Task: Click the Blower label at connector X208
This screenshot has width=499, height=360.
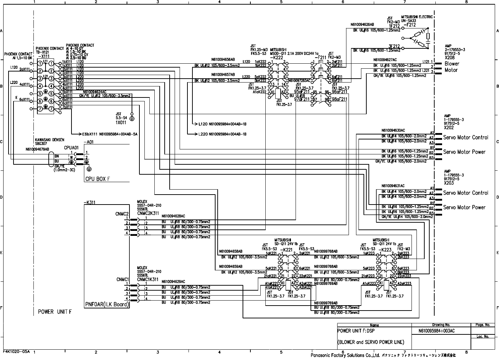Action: (x=452, y=64)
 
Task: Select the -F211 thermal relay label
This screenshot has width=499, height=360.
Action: (x=320, y=57)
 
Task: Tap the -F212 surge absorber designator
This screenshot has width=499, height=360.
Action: (x=409, y=25)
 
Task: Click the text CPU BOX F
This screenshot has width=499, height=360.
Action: (x=97, y=179)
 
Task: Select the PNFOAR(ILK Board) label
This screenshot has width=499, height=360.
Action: (x=107, y=305)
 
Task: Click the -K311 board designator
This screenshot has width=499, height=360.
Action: (x=89, y=202)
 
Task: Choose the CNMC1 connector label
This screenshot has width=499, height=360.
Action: (x=122, y=279)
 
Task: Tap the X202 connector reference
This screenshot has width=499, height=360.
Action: (x=449, y=127)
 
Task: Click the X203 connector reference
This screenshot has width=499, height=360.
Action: (x=449, y=183)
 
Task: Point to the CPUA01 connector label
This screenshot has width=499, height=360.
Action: (x=71, y=147)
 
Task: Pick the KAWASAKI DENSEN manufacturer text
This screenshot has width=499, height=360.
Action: (x=49, y=139)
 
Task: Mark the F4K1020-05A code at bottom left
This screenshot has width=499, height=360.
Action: (x=16, y=351)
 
